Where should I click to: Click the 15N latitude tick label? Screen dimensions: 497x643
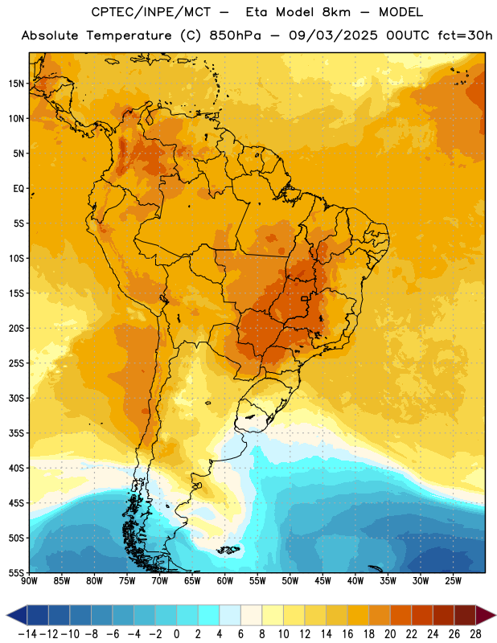coord(16,84)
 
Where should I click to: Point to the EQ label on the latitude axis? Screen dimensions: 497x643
coord(18,189)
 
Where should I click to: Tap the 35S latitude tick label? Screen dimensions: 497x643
coord(16,433)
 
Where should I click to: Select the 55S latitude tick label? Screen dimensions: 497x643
coord(16,572)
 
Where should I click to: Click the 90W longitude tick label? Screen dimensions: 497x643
coord(29,580)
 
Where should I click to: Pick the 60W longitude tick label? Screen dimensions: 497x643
coord(225,580)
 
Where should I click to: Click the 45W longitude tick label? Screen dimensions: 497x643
coord(323,580)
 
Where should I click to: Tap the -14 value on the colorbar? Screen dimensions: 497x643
coord(27,634)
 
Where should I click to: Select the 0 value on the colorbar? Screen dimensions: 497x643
coord(176,634)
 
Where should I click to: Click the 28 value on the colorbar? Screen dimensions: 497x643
coord(475,634)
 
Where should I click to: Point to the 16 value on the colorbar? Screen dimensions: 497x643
coord(347,634)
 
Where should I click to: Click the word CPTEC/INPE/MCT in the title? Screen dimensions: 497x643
coord(151,12)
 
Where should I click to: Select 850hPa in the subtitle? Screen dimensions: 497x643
coord(235,35)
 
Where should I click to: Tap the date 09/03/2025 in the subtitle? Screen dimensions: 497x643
coord(333,35)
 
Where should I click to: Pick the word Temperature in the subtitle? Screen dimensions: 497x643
coord(129,35)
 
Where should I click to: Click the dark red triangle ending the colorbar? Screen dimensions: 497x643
coord(486,615)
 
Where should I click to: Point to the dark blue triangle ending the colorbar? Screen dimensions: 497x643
coord(17,615)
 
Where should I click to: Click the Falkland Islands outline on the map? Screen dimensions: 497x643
coord(228,550)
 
